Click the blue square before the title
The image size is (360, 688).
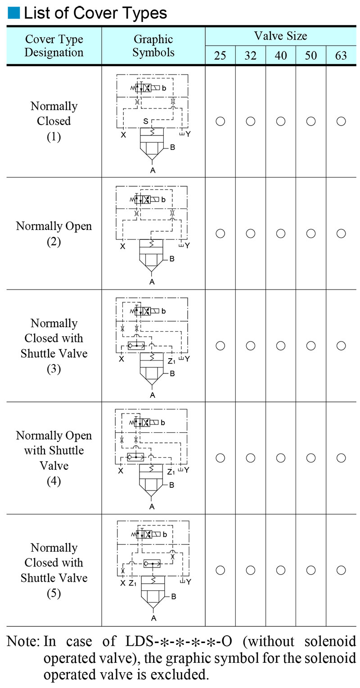(13, 13)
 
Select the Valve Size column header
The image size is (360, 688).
(280, 36)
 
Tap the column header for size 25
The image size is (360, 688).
(220, 55)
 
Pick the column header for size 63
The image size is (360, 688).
(341, 55)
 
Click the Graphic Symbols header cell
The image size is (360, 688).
(153, 45)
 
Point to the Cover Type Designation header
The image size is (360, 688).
(54, 45)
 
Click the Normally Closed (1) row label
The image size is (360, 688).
(54, 121)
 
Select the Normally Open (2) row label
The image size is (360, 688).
(54, 234)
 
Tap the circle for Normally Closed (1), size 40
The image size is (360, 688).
(280, 121)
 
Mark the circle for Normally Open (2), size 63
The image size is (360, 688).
(341, 234)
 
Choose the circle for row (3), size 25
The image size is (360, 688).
(220, 346)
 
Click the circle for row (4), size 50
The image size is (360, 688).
(310, 458)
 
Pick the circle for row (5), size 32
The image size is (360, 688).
(250, 570)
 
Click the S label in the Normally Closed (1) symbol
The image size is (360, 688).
(145, 121)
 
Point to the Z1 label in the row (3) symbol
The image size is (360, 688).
(171, 360)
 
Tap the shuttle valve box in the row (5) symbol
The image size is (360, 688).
(152, 563)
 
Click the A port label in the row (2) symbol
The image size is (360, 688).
(152, 282)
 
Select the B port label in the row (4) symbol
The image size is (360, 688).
(171, 485)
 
